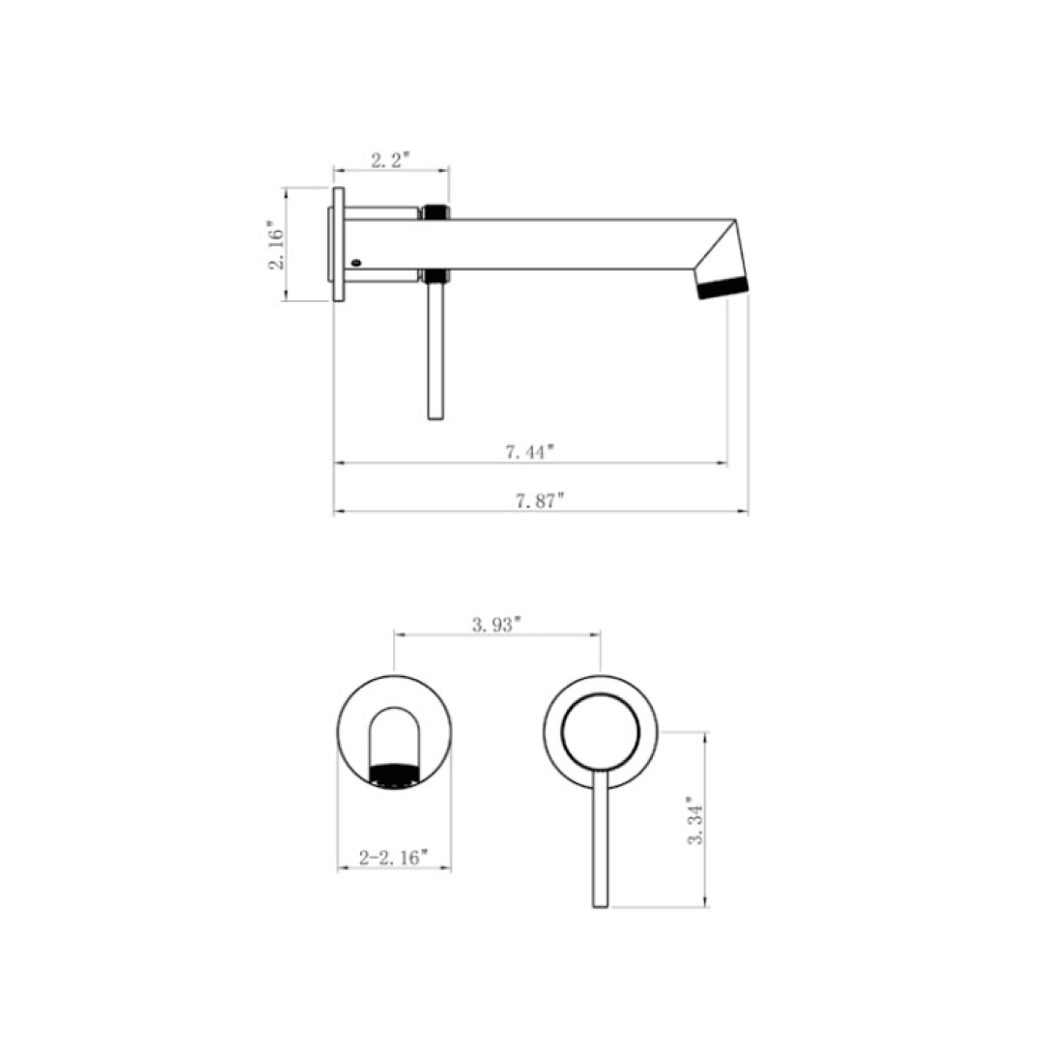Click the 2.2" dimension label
392,160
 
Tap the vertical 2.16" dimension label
275,246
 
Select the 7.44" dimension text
531,451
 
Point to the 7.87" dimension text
540,499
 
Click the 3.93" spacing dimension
496,624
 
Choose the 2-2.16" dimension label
393,857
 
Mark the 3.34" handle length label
691,821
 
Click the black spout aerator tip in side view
722,288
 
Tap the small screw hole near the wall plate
356,261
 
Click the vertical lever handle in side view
435,352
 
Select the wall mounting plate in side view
338,244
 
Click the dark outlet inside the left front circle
396,775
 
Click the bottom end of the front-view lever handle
601,903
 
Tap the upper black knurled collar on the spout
435,211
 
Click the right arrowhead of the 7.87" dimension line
744,511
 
